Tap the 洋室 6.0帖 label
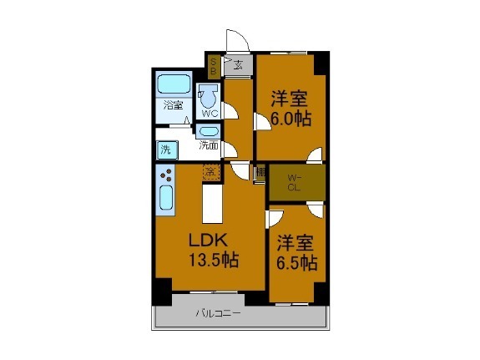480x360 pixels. (291, 108)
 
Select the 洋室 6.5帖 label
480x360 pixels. (296, 252)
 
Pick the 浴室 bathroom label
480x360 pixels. (173, 105)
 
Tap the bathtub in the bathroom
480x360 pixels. (174, 84)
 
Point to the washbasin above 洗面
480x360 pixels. (209, 132)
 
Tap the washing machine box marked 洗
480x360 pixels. (165, 150)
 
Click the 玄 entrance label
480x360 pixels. (238, 64)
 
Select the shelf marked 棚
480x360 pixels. (260, 173)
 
